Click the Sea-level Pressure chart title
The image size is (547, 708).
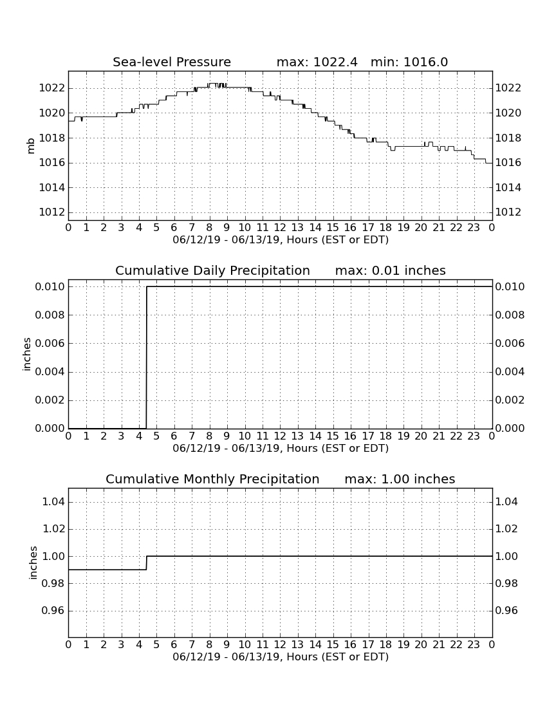pos(172,62)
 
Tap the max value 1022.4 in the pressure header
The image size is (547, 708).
pos(335,62)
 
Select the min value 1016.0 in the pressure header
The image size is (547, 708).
pos(425,62)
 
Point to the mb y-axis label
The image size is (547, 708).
pos(31,146)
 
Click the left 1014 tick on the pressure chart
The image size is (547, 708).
pos(51,187)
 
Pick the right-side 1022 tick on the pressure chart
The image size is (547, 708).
pos(508,88)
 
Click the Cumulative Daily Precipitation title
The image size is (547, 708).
pos(212,270)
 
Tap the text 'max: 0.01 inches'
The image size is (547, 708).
pos(391,270)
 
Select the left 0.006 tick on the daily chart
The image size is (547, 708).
pos(50,343)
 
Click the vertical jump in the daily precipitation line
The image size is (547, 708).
pos(147,357)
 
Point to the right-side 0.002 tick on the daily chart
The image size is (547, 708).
pos(510,400)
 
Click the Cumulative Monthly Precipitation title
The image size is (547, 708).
pos(212,479)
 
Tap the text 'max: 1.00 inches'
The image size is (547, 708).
pos(400,479)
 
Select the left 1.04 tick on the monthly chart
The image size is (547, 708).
pos(53,501)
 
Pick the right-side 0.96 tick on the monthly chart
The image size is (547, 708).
pos(506,610)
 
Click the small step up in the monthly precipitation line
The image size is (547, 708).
pos(147,563)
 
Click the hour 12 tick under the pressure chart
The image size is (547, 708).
pos(280,227)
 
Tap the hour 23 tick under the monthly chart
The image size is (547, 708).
pos(474,644)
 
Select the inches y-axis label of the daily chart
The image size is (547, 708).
pos(27,355)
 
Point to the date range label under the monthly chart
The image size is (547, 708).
pos(281,657)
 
